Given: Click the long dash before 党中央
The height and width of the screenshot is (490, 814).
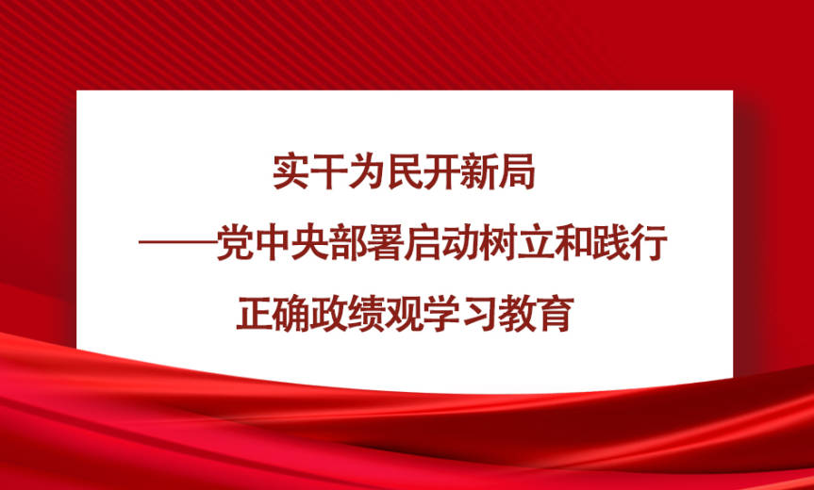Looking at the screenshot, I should tap(176, 244).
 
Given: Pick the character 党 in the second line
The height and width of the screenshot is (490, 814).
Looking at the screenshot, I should tap(234, 244).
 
